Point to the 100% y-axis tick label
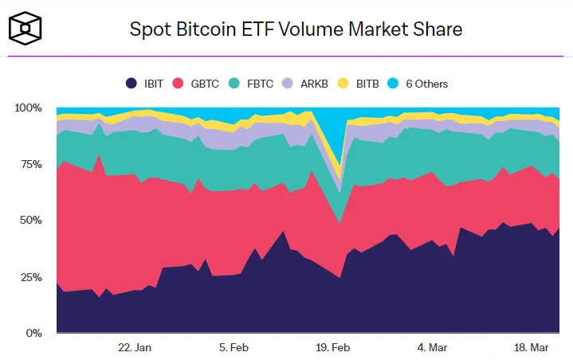tap(29, 108)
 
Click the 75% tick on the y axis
tap(31, 164)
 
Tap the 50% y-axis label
tap(31, 221)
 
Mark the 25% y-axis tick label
tap(31, 277)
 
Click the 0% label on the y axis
tap(34, 333)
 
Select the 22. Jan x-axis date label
tap(134, 347)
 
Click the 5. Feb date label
tap(234, 347)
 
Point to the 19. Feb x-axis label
tap(333, 347)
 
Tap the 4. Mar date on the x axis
tap(433, 347)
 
